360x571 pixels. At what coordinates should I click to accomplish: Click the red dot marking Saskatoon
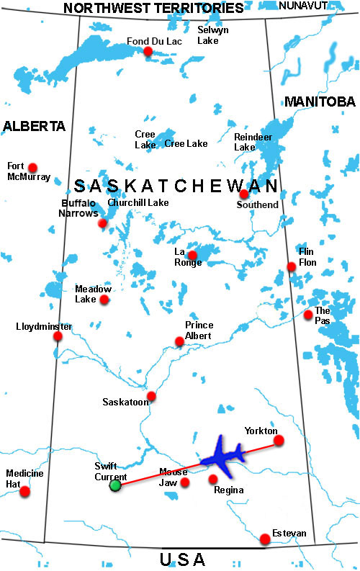pos(151,396)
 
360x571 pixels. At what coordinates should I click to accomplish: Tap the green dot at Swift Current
pos(115,485)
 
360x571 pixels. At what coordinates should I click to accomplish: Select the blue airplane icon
pos(225,457)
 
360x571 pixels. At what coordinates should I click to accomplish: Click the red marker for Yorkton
pos(279,440)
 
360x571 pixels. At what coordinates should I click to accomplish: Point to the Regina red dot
pos(213,479)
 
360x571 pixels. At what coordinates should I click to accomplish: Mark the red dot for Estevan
pos(266,538)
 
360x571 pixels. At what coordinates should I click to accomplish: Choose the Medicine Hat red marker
pos(25,492)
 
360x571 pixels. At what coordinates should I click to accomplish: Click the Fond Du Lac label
pos(154,40)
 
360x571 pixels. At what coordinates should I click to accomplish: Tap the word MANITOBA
pos(320,102)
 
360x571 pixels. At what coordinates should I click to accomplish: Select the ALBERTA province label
pos(34,126)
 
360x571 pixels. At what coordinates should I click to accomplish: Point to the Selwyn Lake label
pos(213,35)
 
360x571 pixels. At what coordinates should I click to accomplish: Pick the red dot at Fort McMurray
pos(32,167)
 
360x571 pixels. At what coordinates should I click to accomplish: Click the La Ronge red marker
pos(192,255)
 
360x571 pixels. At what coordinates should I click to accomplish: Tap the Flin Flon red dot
pos(292,266)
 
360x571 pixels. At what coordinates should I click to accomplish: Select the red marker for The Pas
pos(308,315)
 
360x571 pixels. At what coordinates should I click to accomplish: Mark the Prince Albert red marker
pos(180,341)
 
